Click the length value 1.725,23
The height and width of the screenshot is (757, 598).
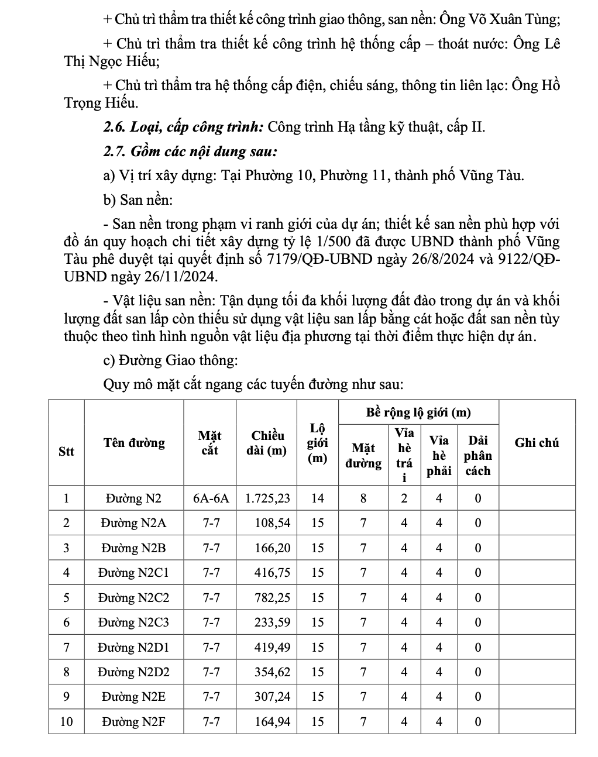coord(267,498)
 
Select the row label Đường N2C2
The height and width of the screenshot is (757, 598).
coord(133,598)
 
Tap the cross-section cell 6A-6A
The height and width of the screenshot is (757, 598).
coord(211,498)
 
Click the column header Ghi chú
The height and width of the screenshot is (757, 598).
coord(537,443)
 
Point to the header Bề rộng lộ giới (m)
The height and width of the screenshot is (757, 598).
coord(418,412)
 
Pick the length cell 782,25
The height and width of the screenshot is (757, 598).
coord(272,598)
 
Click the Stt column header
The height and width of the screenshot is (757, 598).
coord(67,451)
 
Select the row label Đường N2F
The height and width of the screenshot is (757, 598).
coord(133,722)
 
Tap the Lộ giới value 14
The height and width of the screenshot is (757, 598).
coord(317,498)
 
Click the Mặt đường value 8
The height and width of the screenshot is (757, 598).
coord(363,498)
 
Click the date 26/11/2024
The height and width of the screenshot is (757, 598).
coord(184,276)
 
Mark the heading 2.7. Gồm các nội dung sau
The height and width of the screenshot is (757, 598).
coord(190,152)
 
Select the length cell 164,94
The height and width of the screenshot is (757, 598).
coord(272,722)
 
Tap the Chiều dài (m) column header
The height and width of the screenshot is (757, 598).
coord(267,443)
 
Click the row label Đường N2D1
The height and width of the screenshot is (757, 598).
coord(133,648)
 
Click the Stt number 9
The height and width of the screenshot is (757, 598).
coord(67,697)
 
